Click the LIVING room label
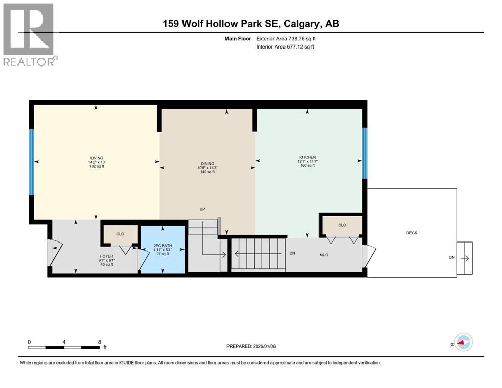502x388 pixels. click(x=96, y=158)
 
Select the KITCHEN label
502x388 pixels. click(x=307, y=158)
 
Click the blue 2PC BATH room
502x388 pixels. click(x=162, y=250)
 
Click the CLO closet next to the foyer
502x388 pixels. click(x=120, y=234)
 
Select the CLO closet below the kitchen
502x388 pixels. click(x=342, y=225)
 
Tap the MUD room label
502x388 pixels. click(x=324, y=255)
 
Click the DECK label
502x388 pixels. click(x=412, y=233)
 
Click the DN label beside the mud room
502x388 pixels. click(x=292, y=253)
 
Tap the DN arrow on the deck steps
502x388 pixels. click(x=465, y=258)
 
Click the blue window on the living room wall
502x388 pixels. click(x=31, y=162)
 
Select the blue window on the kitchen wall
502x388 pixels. click(x=364, y=153)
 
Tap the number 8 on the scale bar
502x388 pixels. click(x=99, y=342)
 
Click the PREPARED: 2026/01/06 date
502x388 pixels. click(x=251, y=346)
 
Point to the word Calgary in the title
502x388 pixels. click(x=300, y=24)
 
